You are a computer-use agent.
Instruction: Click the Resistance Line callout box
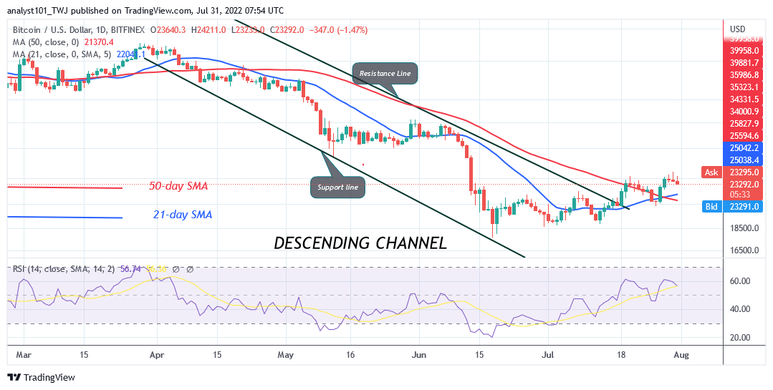[385, 73]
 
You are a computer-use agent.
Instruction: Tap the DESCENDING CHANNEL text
[360, 243]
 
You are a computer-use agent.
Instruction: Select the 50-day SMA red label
[178, 186]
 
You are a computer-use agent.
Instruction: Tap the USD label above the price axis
[738, 29]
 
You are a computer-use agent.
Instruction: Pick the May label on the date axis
[287, 354]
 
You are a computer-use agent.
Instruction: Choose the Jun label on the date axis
[420, 354]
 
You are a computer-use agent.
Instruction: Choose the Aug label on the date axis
[681, 354]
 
